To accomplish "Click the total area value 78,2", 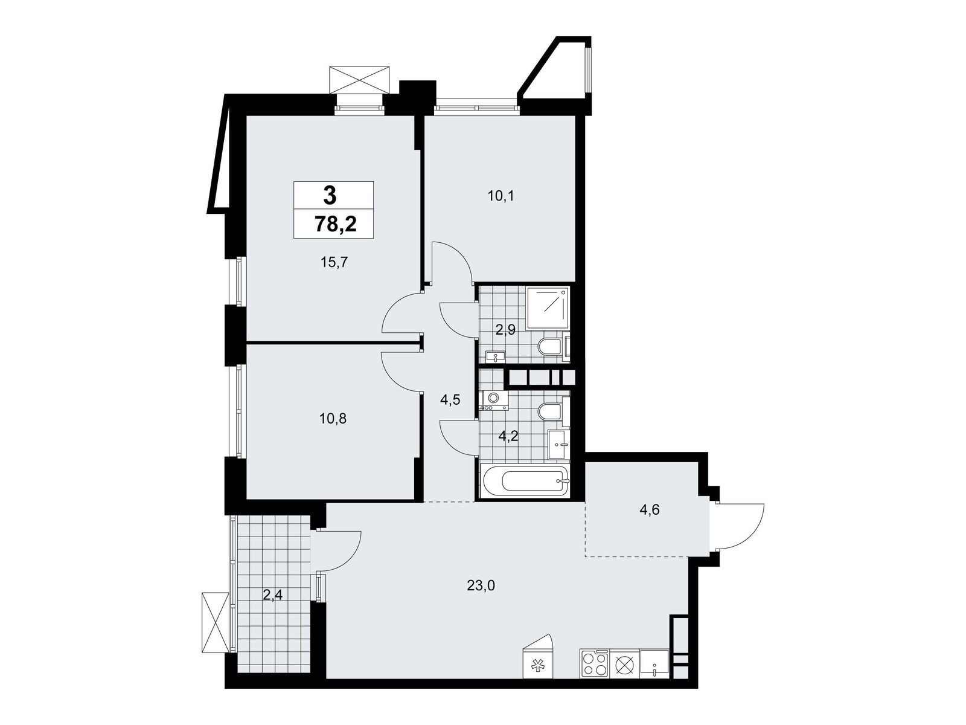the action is (x=335, y=225).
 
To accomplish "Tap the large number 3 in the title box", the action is (x=330, y=195).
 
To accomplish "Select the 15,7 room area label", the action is (x=334, y=262).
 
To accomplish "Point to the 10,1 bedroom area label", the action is (x=501, y=196).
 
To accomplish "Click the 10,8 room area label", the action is (x=333, y=419).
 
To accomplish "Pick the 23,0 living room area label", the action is (x=481, y=585).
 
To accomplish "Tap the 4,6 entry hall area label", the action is (x=650, y=510).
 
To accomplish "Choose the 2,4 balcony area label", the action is (x=272, y=596).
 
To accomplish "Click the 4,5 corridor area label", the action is (x=450, y=400).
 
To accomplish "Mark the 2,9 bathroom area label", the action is (x=505, y=330).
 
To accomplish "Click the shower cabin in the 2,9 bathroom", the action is (x=548, y=308).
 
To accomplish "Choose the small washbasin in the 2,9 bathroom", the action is (x=496, y=356).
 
